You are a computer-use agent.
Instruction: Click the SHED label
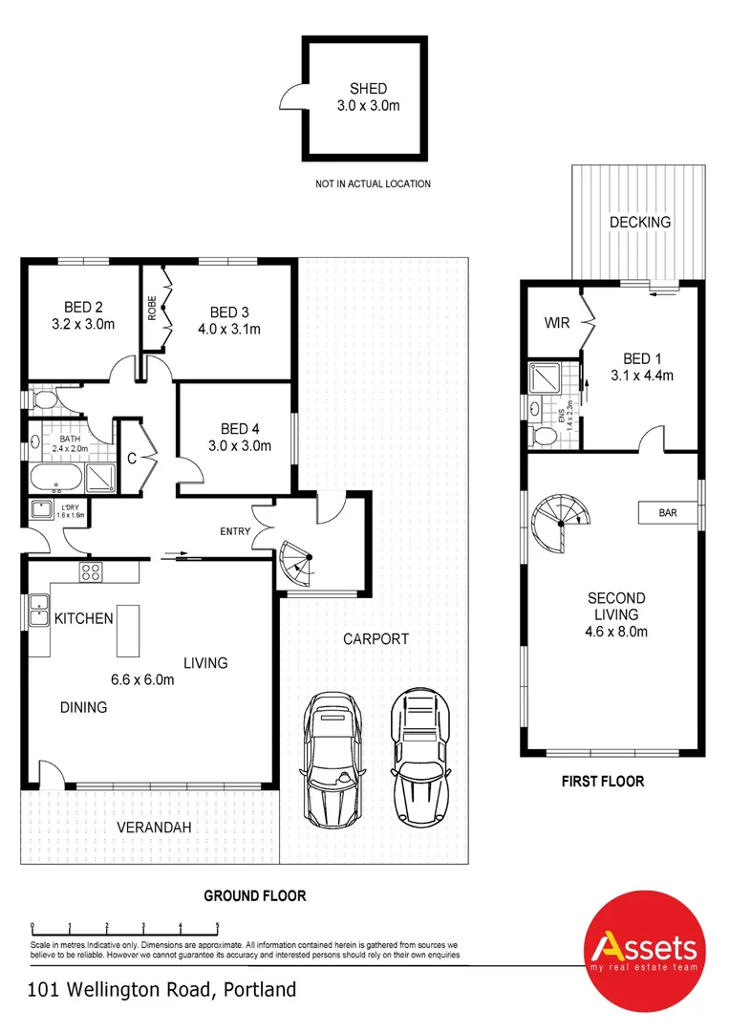368,89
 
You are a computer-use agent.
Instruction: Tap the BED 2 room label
83,307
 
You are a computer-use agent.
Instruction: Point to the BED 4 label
240,428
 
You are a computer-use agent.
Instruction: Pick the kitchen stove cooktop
92,572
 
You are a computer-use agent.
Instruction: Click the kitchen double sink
39,610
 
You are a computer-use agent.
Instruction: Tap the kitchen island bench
129,631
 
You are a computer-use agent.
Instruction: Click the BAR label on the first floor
667,513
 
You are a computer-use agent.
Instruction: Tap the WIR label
557,323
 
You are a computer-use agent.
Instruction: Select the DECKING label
640,222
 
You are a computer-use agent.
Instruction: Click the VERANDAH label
150,827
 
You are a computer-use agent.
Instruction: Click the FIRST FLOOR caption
602,781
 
